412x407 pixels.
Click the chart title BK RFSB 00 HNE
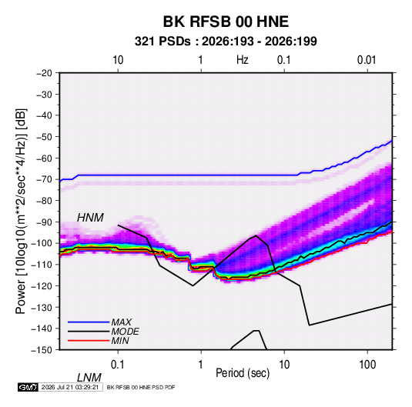pos(226,22)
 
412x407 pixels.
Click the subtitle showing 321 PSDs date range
pos(226,42)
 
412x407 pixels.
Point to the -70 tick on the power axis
pos(44,179)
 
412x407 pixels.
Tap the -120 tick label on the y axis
pos(42,286)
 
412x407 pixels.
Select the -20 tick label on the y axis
pos(44,73)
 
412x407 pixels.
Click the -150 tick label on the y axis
pos(42,350)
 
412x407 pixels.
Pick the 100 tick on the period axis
pos(367,365)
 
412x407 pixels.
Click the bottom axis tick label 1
pos(201,365)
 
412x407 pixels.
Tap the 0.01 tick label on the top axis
pos(367,60)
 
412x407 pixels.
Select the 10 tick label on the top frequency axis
pos(118,60)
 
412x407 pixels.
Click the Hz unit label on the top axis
pos(242,60)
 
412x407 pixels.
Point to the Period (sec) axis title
pos(243,373)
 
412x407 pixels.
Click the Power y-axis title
pos(22,212)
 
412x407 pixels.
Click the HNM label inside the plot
pos(90,218)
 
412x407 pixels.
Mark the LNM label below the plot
pos(89,378)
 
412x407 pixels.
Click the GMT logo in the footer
pos(28,387)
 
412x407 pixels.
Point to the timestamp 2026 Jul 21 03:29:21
pos(70,387)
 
